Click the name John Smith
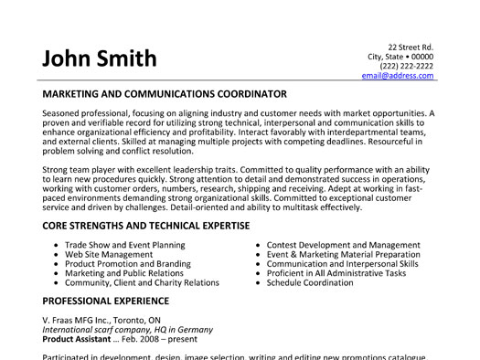click(99, 59)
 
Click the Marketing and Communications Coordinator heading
click(165, 94)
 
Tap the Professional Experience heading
click(105, 300)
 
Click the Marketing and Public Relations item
click(124, 274)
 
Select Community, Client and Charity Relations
click(141, 284)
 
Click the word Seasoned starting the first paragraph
click(62, 113)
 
